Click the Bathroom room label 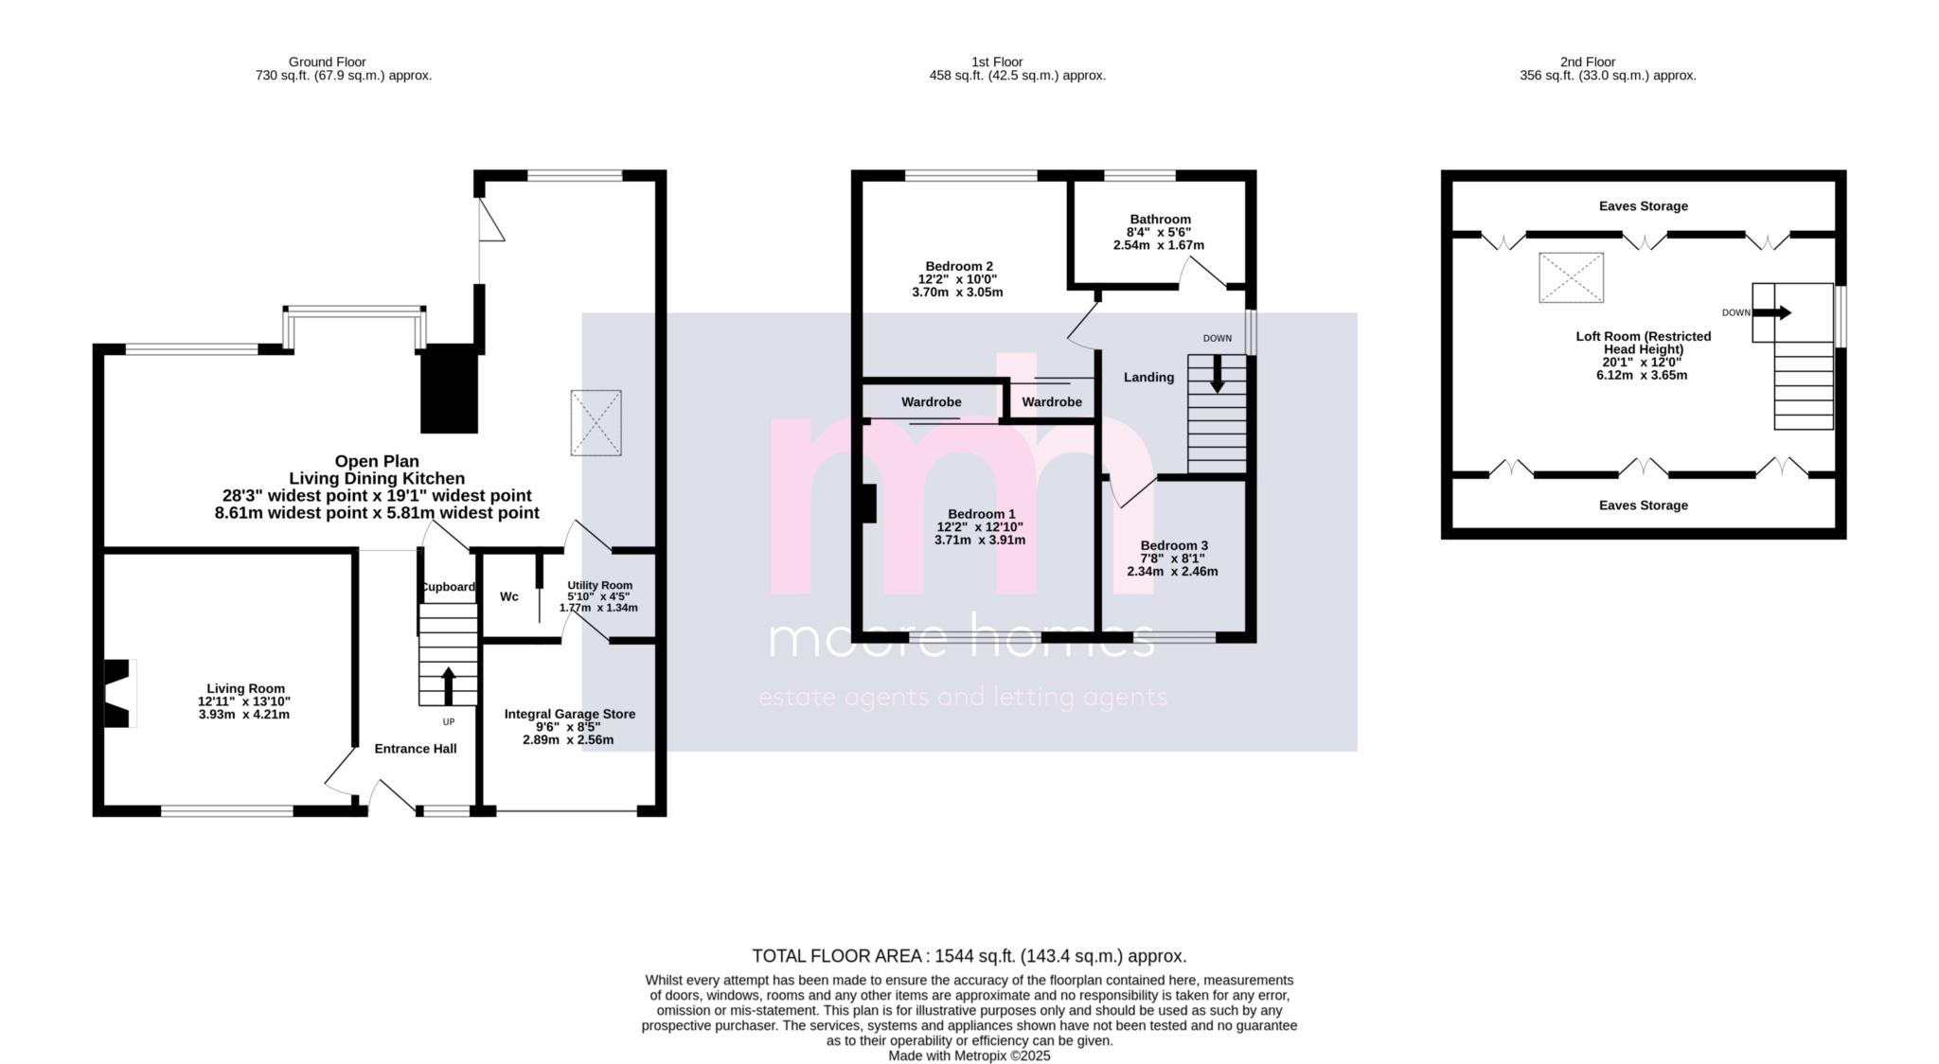[1160, 219]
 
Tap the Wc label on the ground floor [509, 596]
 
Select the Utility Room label [599, 585]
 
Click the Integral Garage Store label [570, 714]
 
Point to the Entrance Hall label [416, 749]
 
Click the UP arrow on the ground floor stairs [448, 685]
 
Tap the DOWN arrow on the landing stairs [1218, 373]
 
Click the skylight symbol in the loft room [1571, 277]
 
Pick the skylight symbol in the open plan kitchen [596, 423]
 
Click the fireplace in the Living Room [119, 693]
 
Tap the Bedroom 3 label [1174, 545]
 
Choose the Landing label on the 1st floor [1148, 377]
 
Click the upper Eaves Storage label [1644, 206]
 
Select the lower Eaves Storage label [1644, 505]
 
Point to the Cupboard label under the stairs [448, 587]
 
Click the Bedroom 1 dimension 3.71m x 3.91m [980, 541]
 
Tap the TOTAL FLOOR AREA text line [969, 956]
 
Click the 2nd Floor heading [1588, 62]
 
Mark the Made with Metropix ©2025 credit [969, 1055]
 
